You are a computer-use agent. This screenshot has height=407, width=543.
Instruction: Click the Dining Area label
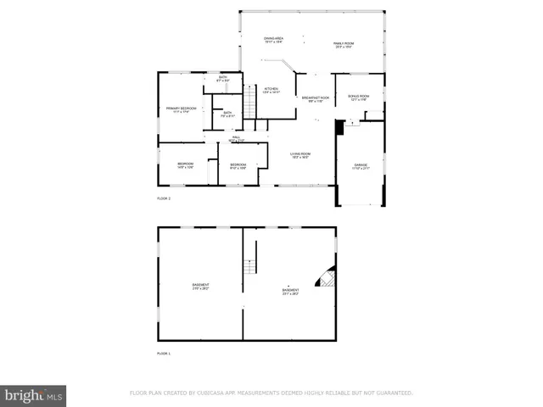click(x=273, y=40)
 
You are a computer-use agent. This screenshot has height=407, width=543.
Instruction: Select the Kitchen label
click(x=271, y=91)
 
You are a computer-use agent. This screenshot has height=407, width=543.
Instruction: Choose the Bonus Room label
click(x=359, y=98)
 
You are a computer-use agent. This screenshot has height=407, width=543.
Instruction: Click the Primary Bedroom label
click(x=182, y=109)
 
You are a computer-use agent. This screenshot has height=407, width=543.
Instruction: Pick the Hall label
click(x=237, y=138)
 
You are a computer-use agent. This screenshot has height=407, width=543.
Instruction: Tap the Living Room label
click(x=299, y=155)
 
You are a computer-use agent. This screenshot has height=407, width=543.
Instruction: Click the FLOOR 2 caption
click(x=164, y=198)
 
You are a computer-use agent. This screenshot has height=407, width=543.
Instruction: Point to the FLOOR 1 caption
click(x=164, y=353)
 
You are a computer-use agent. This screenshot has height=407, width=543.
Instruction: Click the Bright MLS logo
click(x=34, y=395)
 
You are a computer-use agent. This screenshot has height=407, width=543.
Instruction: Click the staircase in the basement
click(x=250, y=267)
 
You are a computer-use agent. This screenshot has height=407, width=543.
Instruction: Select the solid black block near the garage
click(x=339, y=128)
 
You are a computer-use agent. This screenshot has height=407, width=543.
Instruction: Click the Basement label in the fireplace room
click(x=290, y=292)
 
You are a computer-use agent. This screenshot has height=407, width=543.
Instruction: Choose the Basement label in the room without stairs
click(x=200, y=286)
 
